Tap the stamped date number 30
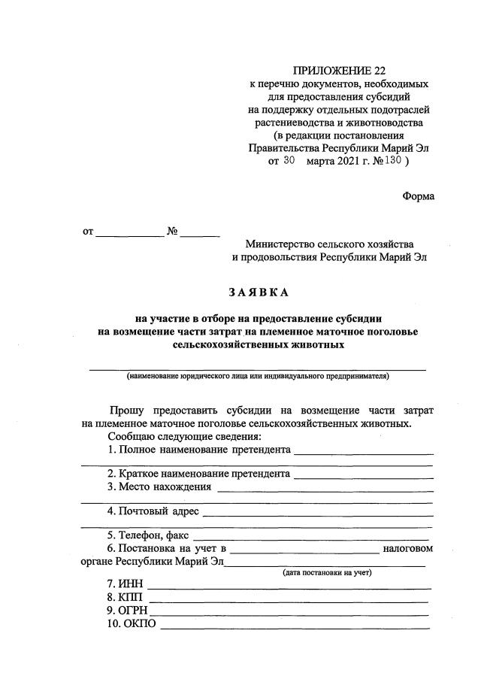290,160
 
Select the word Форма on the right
418,196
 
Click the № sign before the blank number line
172,232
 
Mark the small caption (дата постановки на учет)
327,573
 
